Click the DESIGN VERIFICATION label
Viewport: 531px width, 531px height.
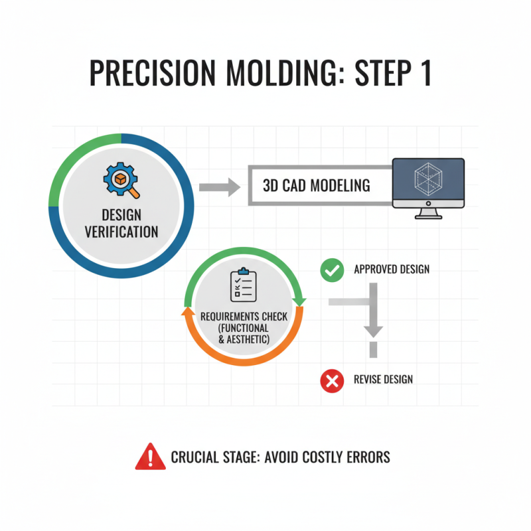coord(121,224)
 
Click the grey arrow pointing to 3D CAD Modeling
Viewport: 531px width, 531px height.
coord(219,186)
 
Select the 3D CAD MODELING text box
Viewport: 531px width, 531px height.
coord(317,185)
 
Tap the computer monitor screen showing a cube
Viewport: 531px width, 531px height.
coord(427,181)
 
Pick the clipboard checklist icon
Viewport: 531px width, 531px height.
coord(243,285)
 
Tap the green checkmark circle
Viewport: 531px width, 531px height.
coord(331,269)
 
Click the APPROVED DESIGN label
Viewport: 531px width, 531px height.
coord(392,269)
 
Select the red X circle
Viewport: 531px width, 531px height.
coord(331,380)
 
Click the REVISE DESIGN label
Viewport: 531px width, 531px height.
coord(384,380)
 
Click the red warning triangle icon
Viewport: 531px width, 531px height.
coord(151,457)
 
